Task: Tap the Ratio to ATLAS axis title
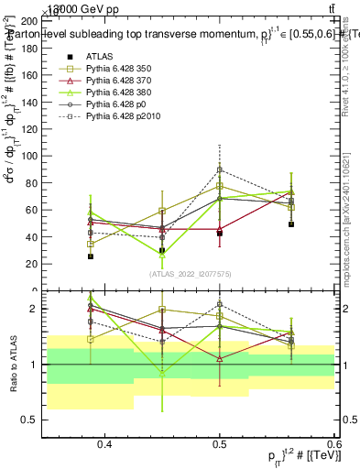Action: [13, 365]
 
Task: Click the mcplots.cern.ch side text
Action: [347, 229]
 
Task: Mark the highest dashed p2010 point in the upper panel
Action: [220, 169]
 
